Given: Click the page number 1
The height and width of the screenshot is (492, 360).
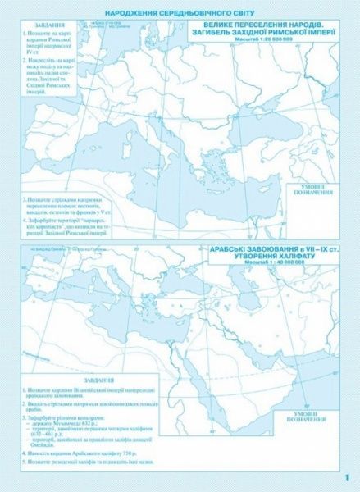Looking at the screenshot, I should coord(349,478).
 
